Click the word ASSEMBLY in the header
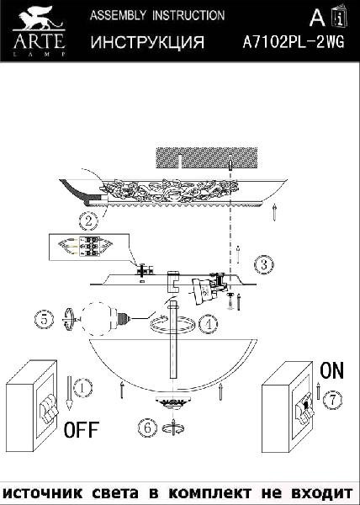click(x=118, y=15)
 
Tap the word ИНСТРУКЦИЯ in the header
click(x=148, y=42)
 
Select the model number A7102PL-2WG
click(x=293, y=42)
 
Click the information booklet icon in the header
click(x=340, y=16)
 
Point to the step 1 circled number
click(x=82, y=388)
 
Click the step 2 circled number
click(x=88, y=221)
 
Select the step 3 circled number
click(x=264, y=265)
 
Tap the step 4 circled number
click(x=208, y=324)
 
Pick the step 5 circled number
click(x=44, y=319)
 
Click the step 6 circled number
click(x=148, y=428)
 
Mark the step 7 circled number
click(x=332, y=400)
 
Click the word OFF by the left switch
click(x=81, y=429)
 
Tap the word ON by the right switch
click(x=331, y=370)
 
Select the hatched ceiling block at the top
click(x=207, y=158)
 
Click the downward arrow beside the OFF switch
click(x=69, y=393)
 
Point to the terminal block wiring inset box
click(x=89, y=247)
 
